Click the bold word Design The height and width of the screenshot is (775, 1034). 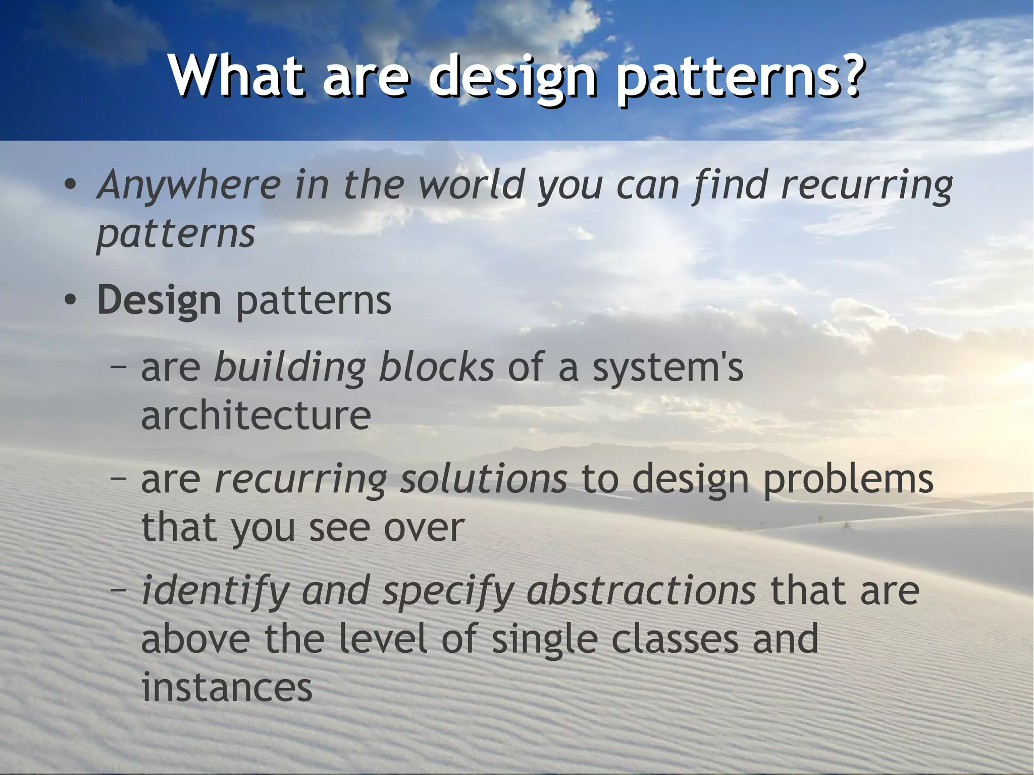159,301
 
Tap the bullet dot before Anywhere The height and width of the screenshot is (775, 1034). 70,185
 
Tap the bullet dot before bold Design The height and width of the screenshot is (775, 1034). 70,301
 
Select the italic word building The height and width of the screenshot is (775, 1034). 290,368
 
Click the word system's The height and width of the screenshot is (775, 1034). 667,368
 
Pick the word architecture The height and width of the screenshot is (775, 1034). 255,416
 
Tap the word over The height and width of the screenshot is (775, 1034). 424,528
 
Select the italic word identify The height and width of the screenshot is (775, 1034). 215,591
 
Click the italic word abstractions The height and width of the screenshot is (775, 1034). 641,591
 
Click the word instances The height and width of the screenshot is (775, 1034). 227,688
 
